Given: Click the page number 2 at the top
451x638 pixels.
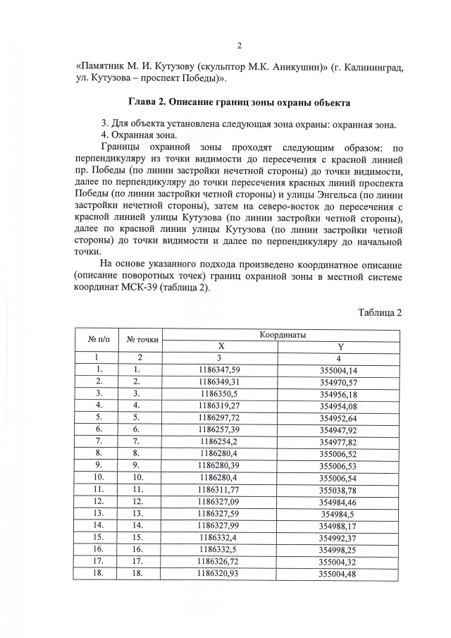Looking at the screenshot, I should click(239, 47).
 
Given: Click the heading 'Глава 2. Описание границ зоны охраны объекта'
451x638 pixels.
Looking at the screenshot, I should click(239, 103).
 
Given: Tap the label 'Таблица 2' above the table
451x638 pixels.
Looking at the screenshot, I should click(379, 313).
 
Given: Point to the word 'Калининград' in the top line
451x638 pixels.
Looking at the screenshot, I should click(366, 67).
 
